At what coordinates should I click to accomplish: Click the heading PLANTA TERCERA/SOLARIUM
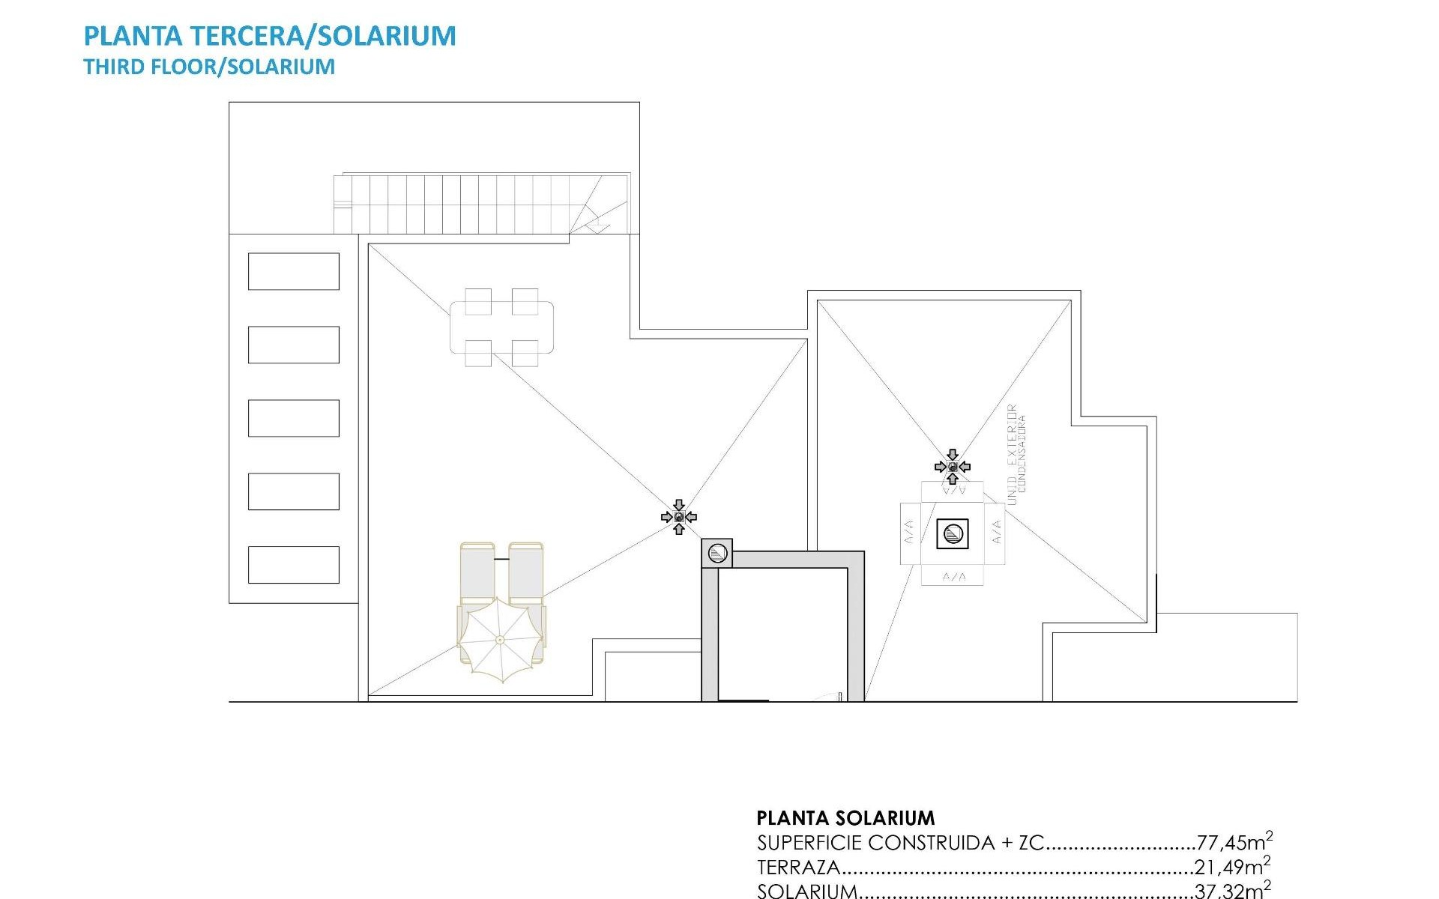270,36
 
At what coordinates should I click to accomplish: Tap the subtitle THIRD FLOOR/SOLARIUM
209,67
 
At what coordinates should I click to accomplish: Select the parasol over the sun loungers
500,639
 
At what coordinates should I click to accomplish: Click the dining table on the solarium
501,327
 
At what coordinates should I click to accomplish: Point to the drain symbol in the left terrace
679,517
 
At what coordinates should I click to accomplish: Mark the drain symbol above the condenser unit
953,467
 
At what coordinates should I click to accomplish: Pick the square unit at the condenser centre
953,534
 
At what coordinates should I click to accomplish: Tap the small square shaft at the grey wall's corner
717,554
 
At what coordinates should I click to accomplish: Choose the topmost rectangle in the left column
293,271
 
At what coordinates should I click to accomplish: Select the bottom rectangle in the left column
293,565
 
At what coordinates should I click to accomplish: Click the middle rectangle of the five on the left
293,418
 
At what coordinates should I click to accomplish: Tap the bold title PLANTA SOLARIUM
845,817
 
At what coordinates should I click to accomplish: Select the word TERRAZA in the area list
798,868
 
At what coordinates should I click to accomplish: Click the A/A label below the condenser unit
953,577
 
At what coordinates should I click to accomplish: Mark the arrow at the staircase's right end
597,223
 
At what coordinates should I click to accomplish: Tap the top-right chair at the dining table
525,301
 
